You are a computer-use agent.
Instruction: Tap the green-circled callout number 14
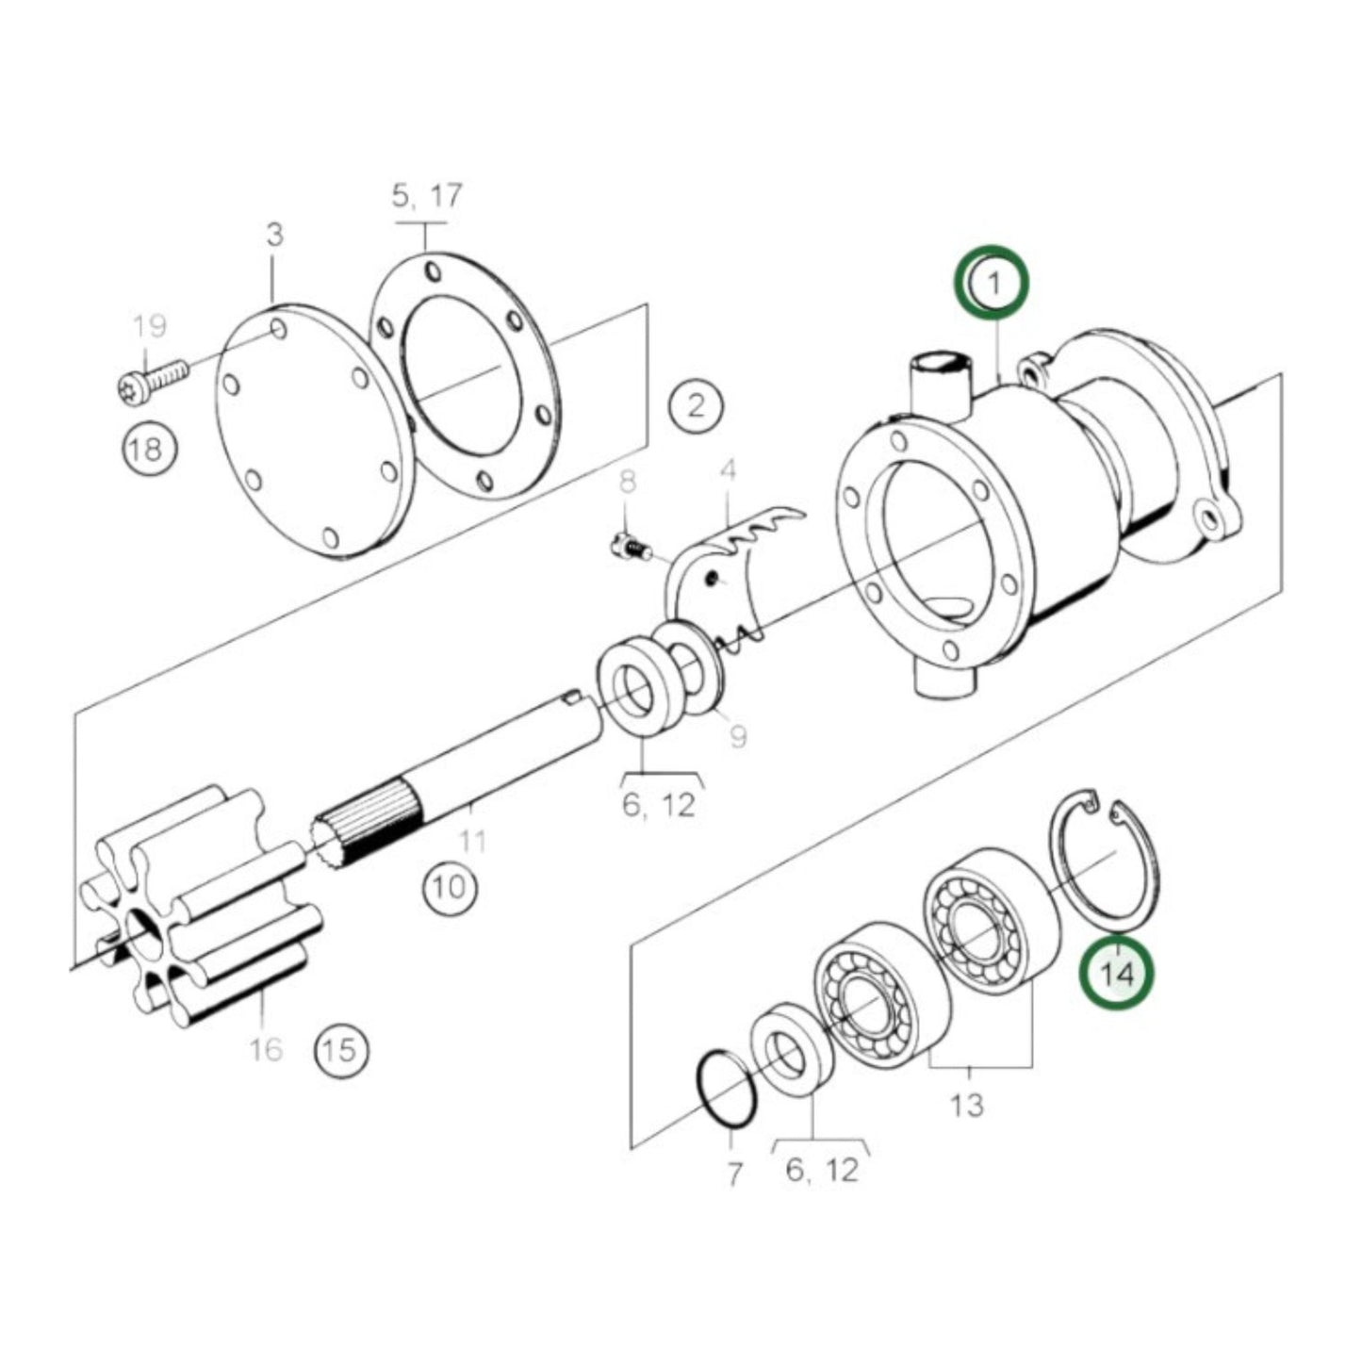click(1117, 973)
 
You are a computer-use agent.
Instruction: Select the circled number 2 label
click(696, 406)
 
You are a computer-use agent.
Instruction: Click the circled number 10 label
click(450, 887)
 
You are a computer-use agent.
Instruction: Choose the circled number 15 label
click(340, 1049)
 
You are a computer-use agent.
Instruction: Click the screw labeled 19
click(151, 383)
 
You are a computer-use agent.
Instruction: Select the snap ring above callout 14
click(1105, 858)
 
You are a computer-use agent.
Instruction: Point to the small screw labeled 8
click(629, 544)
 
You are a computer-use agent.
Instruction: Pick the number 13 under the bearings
click(967, 1104)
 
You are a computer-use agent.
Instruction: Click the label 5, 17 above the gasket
click(427, 195)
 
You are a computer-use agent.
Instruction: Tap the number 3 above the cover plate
click(273, 234)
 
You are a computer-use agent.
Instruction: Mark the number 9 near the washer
click(737, 735)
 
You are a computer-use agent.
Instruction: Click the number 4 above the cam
click(727, 469)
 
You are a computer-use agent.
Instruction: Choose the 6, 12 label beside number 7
click(822, 1170)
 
